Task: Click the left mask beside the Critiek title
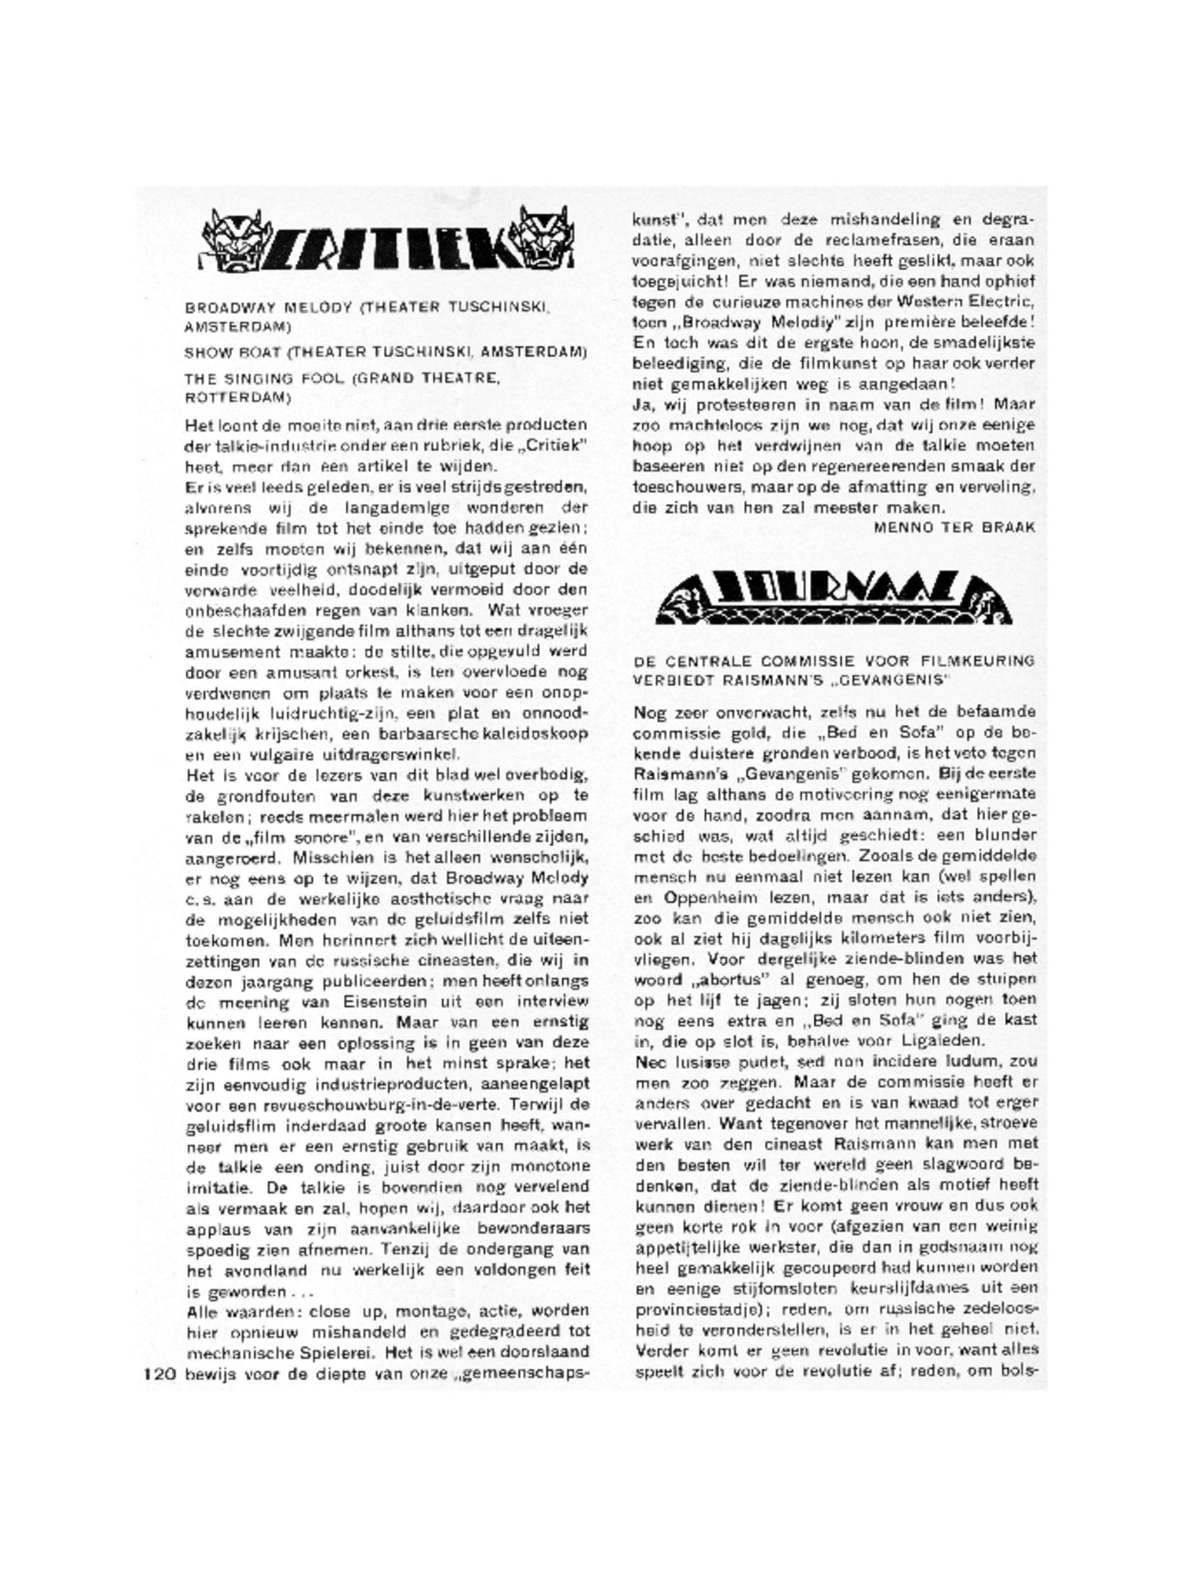[229, 237]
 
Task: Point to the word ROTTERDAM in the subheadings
[237, 397]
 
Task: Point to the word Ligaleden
[939, 1040]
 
